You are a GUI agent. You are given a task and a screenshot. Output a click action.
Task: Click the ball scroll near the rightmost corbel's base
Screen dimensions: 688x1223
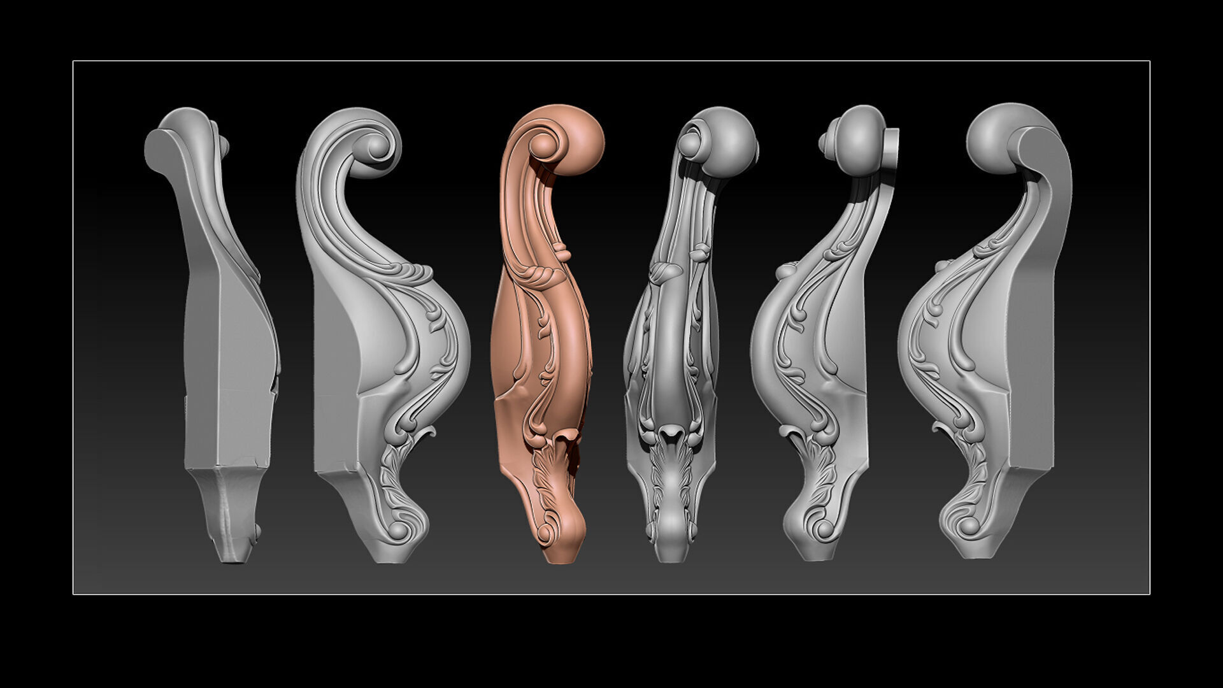pyautogui.click(x=969, y=526)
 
